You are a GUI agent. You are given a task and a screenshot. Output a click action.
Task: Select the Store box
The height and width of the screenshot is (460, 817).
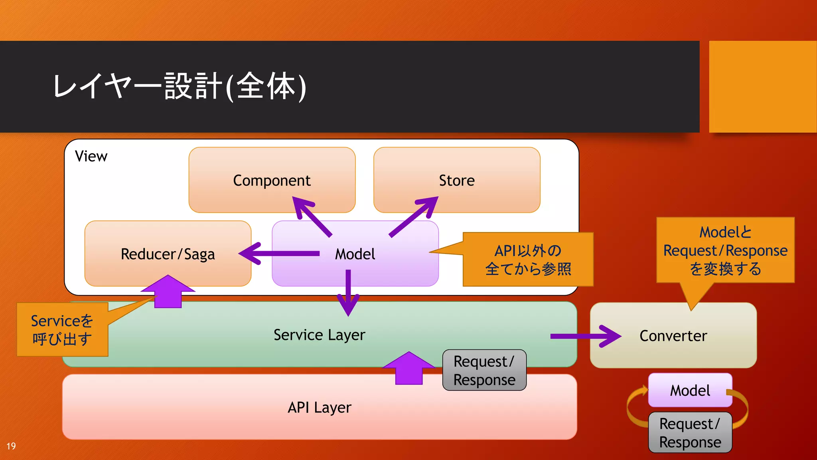[457, 180]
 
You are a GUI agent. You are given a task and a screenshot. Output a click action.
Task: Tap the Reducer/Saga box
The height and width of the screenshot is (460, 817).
[168, 254]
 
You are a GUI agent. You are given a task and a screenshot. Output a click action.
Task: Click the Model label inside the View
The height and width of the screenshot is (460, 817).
[355, 254]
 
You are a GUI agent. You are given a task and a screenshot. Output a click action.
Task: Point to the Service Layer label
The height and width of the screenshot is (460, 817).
[319, 335]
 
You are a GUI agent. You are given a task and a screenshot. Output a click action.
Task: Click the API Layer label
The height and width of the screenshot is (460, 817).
[319, 407]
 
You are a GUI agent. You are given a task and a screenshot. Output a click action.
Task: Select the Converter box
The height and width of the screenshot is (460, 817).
[673, 336]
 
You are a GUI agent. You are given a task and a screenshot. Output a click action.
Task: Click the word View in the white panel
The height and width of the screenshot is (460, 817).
[91, 156]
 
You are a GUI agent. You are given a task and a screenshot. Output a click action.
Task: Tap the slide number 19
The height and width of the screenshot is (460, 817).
[11, 446]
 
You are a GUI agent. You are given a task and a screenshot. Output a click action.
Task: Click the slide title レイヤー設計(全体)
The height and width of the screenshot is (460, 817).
[180, 86]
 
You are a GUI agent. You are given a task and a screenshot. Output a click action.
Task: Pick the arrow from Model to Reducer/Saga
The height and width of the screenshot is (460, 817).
[279, 254]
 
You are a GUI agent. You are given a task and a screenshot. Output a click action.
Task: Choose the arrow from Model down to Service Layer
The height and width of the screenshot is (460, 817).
[348, 293]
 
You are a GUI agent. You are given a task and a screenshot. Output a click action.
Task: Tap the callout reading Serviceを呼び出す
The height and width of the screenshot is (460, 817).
[62, 330]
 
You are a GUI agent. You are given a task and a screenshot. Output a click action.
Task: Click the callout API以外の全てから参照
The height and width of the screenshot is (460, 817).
[528, 260]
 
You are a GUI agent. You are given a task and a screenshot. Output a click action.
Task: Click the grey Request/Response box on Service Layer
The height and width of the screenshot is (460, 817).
[484, 370]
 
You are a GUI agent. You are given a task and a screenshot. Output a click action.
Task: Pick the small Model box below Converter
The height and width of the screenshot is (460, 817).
[690, 390]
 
